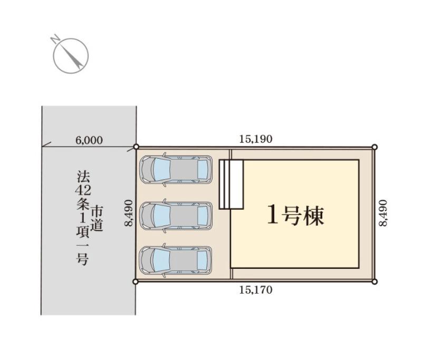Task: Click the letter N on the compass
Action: (55, 39)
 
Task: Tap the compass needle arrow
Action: (72, 56)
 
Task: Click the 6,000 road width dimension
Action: (89, 140)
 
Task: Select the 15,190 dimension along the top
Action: (256, 139)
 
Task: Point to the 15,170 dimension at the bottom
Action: (256, 290)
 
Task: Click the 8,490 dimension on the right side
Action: (383, 213)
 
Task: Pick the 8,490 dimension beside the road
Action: (129, 213)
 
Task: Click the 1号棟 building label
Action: (295, 216)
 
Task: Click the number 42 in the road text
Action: (83, 190)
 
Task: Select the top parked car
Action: (176, 170)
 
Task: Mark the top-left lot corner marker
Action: (136, 147)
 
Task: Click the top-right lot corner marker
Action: (375, 147)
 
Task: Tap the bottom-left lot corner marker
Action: (136, 281)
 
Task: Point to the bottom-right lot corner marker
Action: (374, 282)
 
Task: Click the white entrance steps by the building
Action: (231, 184)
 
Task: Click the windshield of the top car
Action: (161, 169)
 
